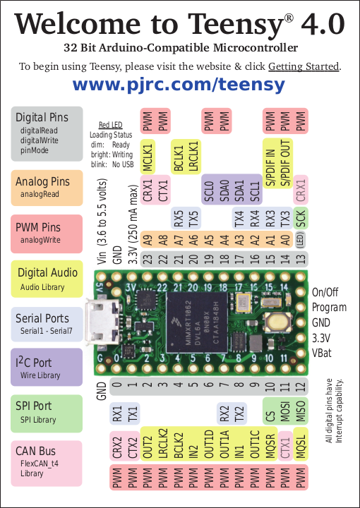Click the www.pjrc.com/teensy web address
[179, 85]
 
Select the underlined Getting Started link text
[304, 67]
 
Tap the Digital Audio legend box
[47, 278]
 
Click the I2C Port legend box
[47, 367]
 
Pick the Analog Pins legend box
[47, 186]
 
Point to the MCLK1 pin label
[148, 156]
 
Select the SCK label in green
[301, 219]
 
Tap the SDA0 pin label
[224, 190]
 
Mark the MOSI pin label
[286, 412]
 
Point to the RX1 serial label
[117, 412]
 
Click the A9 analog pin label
[148, 241]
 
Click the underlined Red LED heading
[111, 124]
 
